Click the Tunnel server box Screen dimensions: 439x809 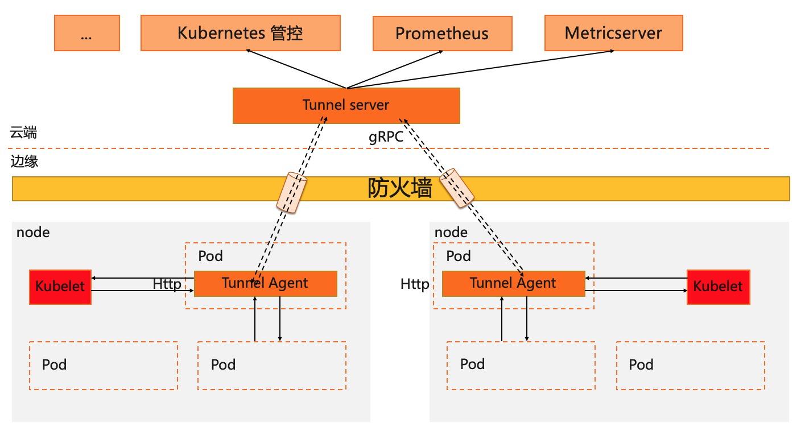click(346, 105)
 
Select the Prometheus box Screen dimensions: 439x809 click(442, 33)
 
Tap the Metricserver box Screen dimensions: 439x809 click(613, 33)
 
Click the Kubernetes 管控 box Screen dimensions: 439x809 click(240, 33)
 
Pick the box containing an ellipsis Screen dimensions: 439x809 click(86, 34)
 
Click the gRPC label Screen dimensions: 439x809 click(386, 137)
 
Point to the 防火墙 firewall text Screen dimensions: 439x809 click(399, 188)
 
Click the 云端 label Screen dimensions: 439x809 click(24, 133)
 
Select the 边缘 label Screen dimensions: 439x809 click(24, 161)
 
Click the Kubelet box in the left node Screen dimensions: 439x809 click(60, 287)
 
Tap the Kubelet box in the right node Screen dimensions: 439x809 click(717, 287)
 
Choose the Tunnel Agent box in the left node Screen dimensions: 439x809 click(265, 283)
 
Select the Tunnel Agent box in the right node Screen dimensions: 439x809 click(513, 283)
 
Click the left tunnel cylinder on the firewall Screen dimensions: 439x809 click(291, 193)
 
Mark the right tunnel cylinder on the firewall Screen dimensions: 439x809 click(457, 189)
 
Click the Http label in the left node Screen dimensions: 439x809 click(167, 283)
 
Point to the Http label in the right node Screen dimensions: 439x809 click(415, 283)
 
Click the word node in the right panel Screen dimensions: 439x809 click(451, 232)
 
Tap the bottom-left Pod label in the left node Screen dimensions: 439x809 click(54, 365)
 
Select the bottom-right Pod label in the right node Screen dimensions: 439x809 click(641, 365)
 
